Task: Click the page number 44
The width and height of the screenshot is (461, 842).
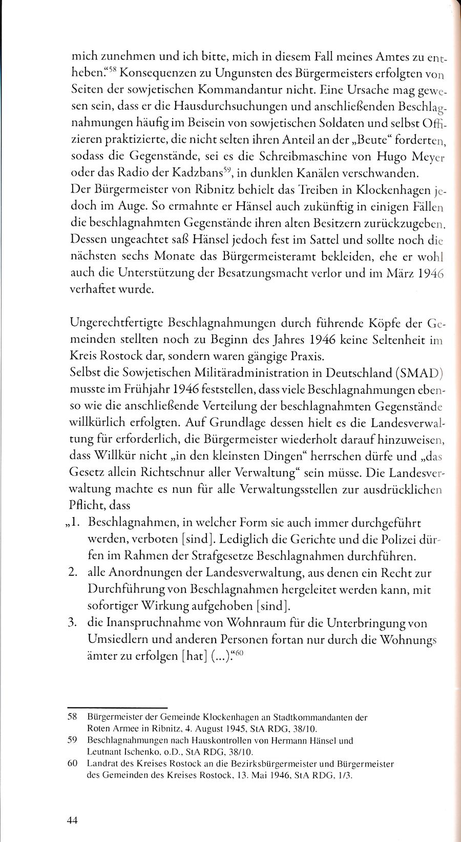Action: (72, 820)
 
